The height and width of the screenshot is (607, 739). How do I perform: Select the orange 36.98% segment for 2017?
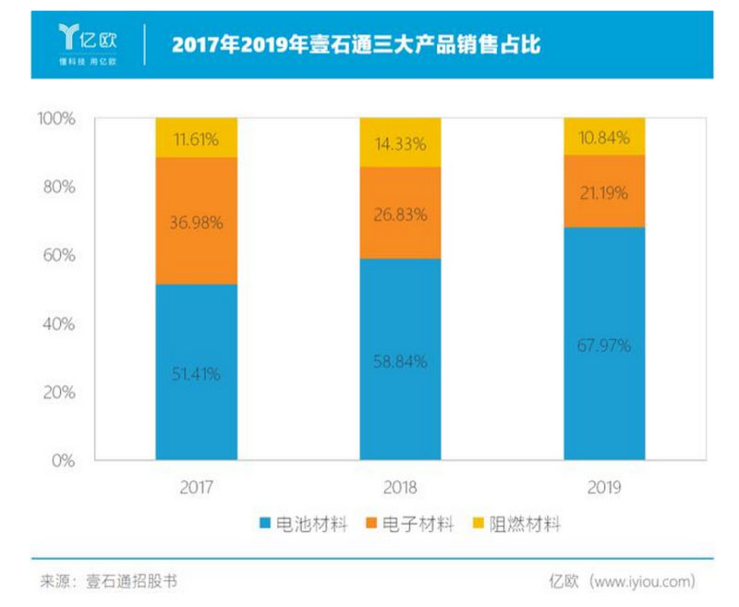point(196,221)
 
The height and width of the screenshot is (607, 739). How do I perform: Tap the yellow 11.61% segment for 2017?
point(196,138)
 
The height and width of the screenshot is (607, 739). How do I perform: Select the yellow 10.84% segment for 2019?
point(604,137)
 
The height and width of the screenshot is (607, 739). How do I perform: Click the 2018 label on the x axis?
point(400,487)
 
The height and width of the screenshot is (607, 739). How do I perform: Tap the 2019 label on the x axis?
point(604,487)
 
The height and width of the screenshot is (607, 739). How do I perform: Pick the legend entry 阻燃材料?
point(515,525)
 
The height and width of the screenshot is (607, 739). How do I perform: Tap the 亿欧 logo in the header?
point(88,42)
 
